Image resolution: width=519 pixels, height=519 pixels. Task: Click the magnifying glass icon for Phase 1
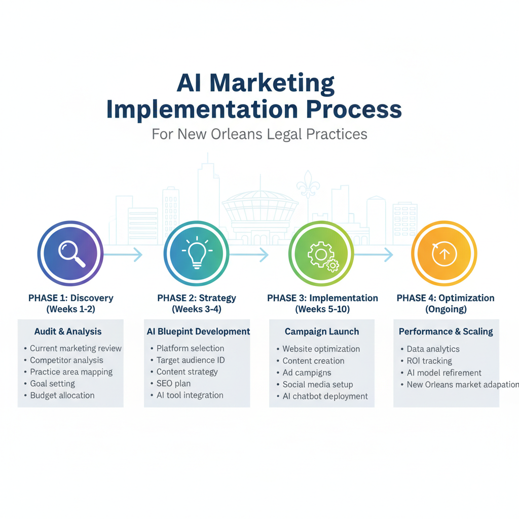point(71,252)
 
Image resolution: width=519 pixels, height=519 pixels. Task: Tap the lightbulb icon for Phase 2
point(196,252)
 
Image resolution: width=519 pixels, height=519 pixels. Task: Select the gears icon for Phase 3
point(321,253)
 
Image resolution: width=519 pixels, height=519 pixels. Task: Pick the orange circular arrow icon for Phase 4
point(444,253)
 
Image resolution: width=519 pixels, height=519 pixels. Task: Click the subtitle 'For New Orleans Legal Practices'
point(259,134)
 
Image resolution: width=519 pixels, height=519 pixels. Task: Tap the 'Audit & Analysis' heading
point(68,331)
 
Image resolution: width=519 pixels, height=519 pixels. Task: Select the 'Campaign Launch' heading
point(322,331)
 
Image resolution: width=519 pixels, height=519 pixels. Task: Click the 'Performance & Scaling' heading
point(446,331)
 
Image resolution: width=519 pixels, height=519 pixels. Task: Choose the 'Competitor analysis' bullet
point(66,360)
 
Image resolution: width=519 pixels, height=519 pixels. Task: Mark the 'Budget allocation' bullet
point(62,395)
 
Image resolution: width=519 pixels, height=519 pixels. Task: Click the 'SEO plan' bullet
point(173,384)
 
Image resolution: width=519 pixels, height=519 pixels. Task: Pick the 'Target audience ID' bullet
point(191,360)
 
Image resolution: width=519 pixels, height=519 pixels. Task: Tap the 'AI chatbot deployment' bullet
point(325,396)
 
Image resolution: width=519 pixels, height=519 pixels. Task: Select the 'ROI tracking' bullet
point(429,361)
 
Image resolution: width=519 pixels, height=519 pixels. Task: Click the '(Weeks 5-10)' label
point(322,309)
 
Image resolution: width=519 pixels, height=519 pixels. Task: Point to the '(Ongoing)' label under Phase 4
point(446,309)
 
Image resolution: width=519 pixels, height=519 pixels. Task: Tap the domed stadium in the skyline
point(259,208)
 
